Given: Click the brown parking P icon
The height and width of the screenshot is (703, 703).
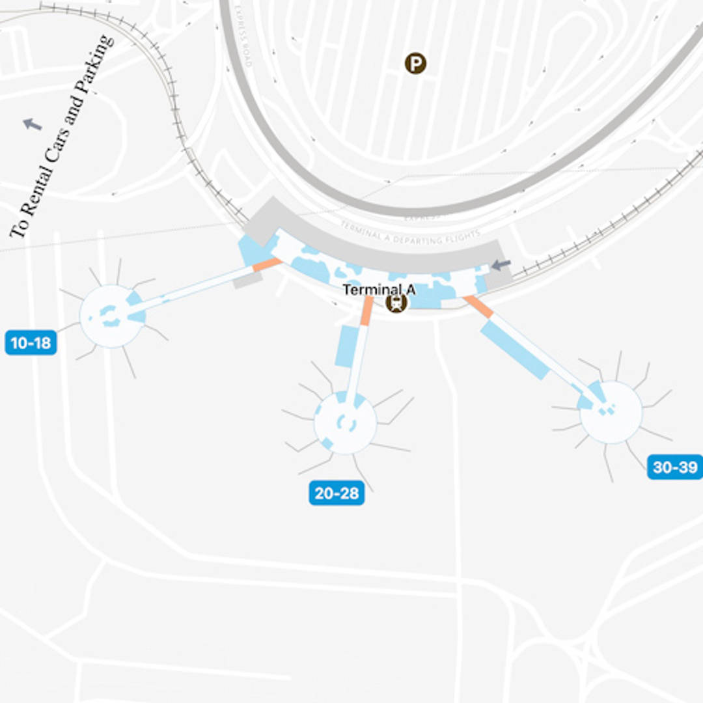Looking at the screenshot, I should (x=415, y=64).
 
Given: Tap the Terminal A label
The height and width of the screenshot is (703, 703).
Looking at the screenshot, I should (x=379, y=290).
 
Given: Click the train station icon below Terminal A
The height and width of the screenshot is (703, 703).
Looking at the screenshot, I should (x=396, y=303).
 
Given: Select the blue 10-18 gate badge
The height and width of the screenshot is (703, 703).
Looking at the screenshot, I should (x=31, y=342).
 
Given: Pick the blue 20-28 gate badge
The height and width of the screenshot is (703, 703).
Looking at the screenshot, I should (x=337, y=493).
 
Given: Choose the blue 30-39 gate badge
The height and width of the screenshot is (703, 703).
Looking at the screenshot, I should (x=674, y=467).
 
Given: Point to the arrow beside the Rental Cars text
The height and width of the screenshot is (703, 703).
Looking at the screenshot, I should (x=33, y=124).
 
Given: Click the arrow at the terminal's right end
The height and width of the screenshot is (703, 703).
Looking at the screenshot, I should (x=501, y=265).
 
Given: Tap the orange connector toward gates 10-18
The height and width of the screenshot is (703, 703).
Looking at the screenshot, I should (x=267, y=264).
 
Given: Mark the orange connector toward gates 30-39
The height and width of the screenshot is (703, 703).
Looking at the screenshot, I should (x=478, y=307).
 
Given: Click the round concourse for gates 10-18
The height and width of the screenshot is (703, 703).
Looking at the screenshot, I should (x=111, y=316).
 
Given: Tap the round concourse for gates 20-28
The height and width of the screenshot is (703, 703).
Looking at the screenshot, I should (x=345, y=423).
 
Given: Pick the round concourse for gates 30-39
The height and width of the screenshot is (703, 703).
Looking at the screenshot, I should (x=611, y=413).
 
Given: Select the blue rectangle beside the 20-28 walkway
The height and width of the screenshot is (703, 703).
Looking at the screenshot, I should (x=347, y=346).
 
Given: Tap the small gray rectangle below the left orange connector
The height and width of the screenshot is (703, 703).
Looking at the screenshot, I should (x=247, y=281).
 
